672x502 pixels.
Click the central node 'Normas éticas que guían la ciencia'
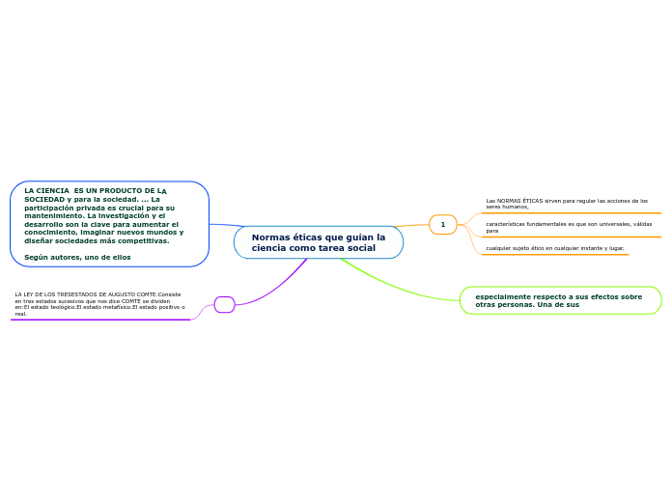318,242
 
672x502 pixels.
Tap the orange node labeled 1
442,224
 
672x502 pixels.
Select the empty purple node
224,304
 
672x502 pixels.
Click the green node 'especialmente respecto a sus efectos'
560,300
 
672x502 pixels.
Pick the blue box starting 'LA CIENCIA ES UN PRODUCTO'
109,223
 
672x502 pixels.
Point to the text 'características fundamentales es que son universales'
568,227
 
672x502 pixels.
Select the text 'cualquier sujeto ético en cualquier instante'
554,248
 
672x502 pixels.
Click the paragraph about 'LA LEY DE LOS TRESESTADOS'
99,303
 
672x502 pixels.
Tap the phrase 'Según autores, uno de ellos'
77,257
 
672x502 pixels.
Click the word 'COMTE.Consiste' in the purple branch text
160,293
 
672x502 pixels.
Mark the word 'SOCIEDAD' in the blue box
44,199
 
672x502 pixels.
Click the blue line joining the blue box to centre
222,226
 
